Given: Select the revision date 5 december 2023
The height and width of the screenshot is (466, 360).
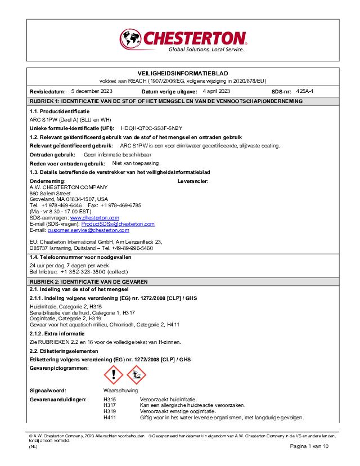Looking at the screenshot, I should [x=92, y=91].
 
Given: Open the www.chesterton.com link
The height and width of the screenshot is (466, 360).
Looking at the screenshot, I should [x=94, y=217].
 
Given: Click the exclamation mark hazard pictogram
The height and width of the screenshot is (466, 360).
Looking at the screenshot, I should [x=114, y=373].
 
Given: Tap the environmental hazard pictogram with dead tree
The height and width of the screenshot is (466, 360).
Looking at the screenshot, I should [x=136, y=373].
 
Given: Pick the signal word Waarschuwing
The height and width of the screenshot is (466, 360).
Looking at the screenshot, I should [x=120, y=390].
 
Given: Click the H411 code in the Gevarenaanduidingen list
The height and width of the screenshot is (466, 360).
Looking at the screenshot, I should [x=109, y=417].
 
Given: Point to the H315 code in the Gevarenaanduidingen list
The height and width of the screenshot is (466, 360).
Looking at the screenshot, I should [x=109, y=399].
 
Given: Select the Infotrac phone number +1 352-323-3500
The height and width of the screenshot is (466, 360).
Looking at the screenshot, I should [x=86, y=271].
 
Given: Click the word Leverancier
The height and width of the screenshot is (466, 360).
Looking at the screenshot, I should [x=193, y=181].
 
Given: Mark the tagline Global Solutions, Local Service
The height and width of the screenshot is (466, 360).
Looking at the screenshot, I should [x=206, y=50].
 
